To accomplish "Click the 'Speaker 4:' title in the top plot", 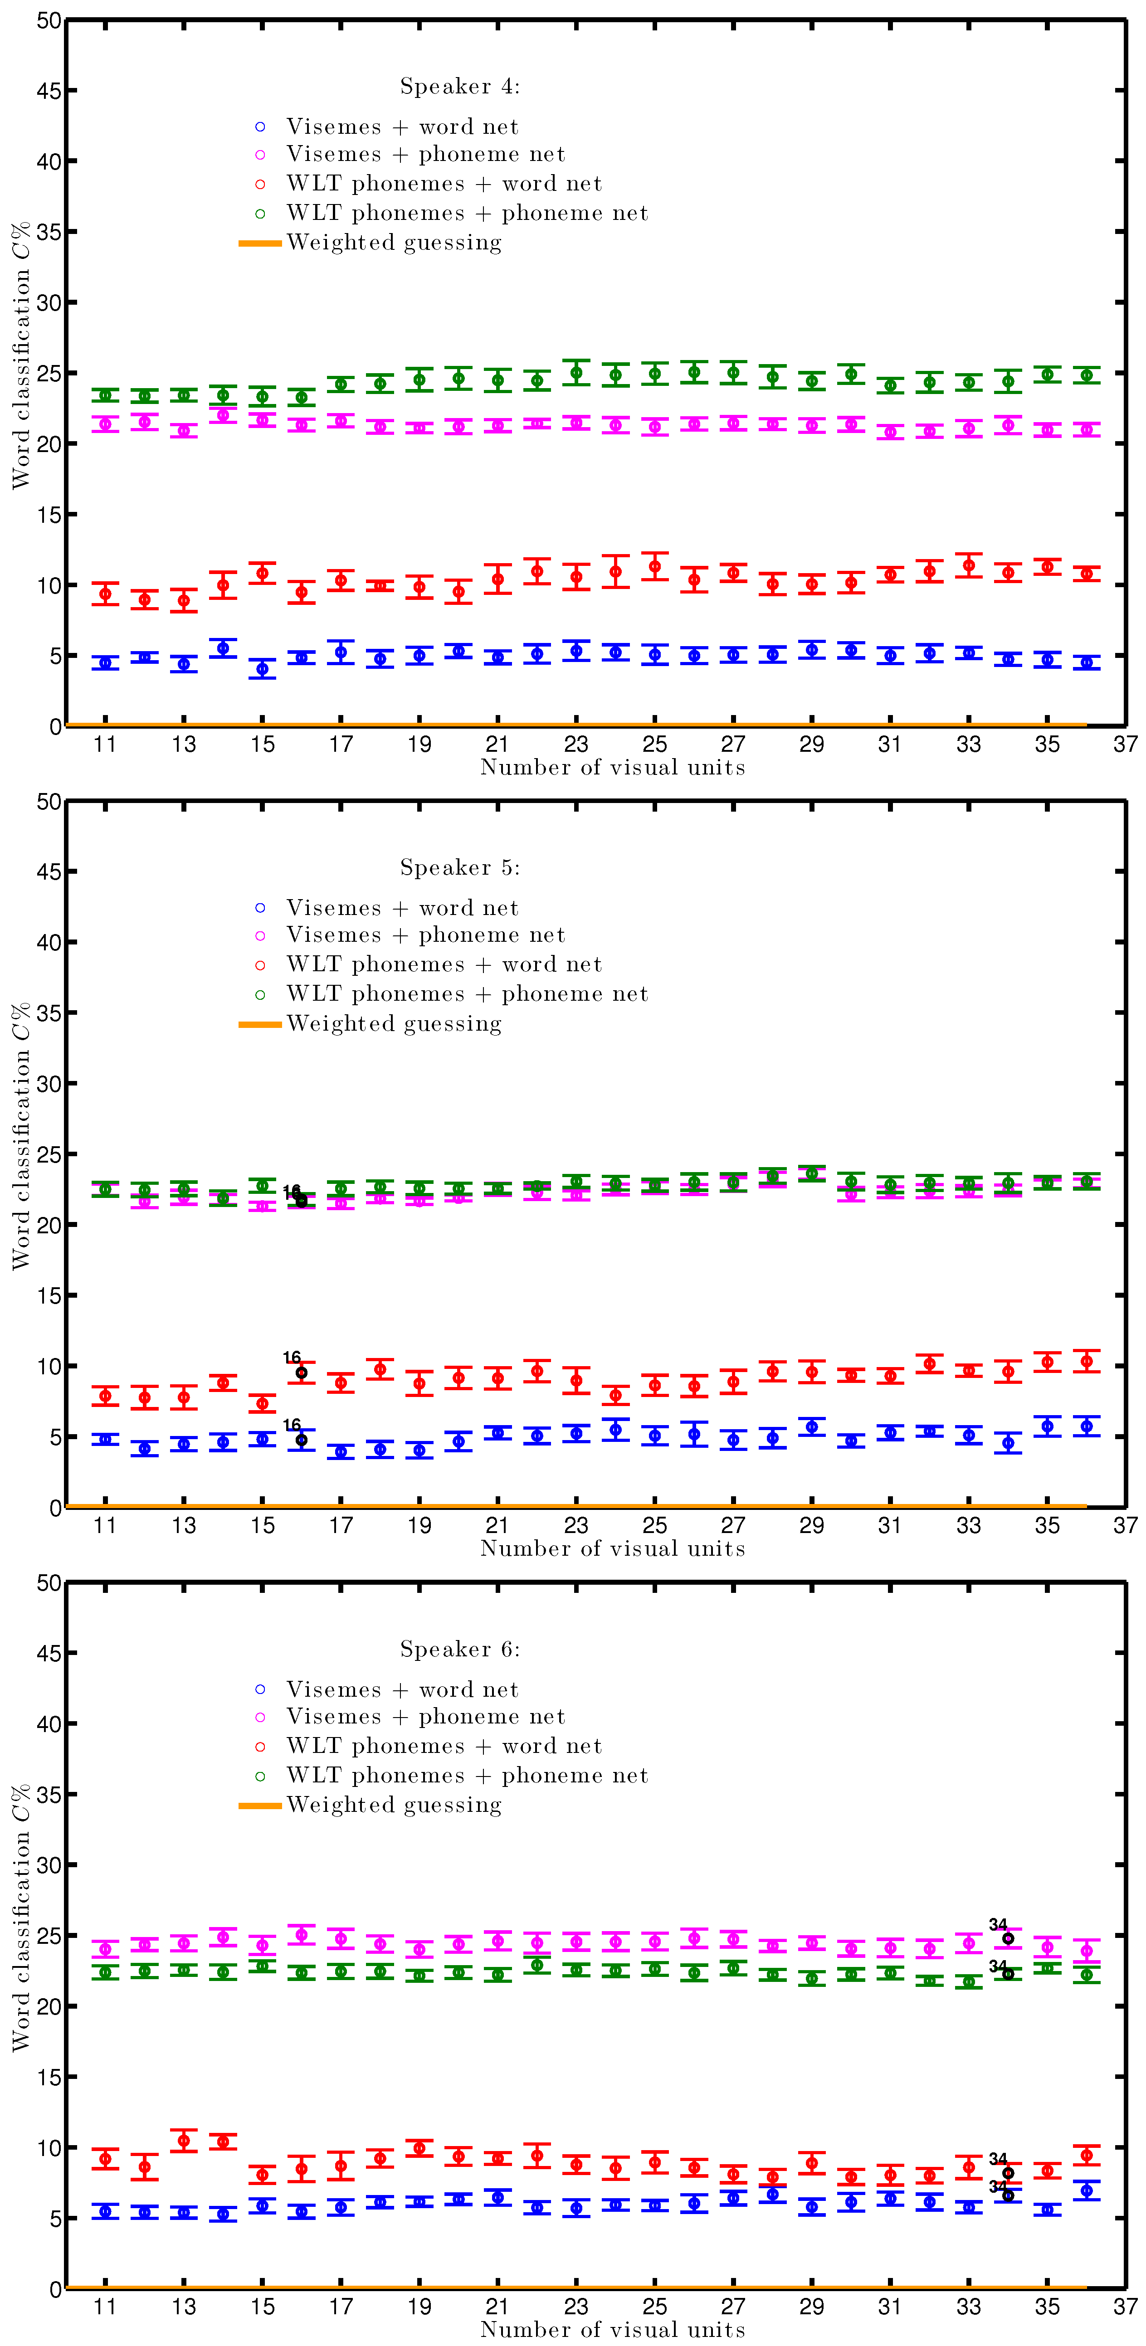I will [x=460, y=87].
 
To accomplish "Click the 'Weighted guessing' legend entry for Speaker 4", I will [x=394, y=242].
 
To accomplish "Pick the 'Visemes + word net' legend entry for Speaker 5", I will [x=402, y=908].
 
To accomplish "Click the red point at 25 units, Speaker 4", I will [x=654, y=566].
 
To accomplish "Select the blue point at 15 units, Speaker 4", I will [x=263, y=669].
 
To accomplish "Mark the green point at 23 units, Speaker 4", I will [x=576, y=372].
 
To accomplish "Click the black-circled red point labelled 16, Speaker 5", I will [x=302, y=1373].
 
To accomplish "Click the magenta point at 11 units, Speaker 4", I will [x=106, y=424].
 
